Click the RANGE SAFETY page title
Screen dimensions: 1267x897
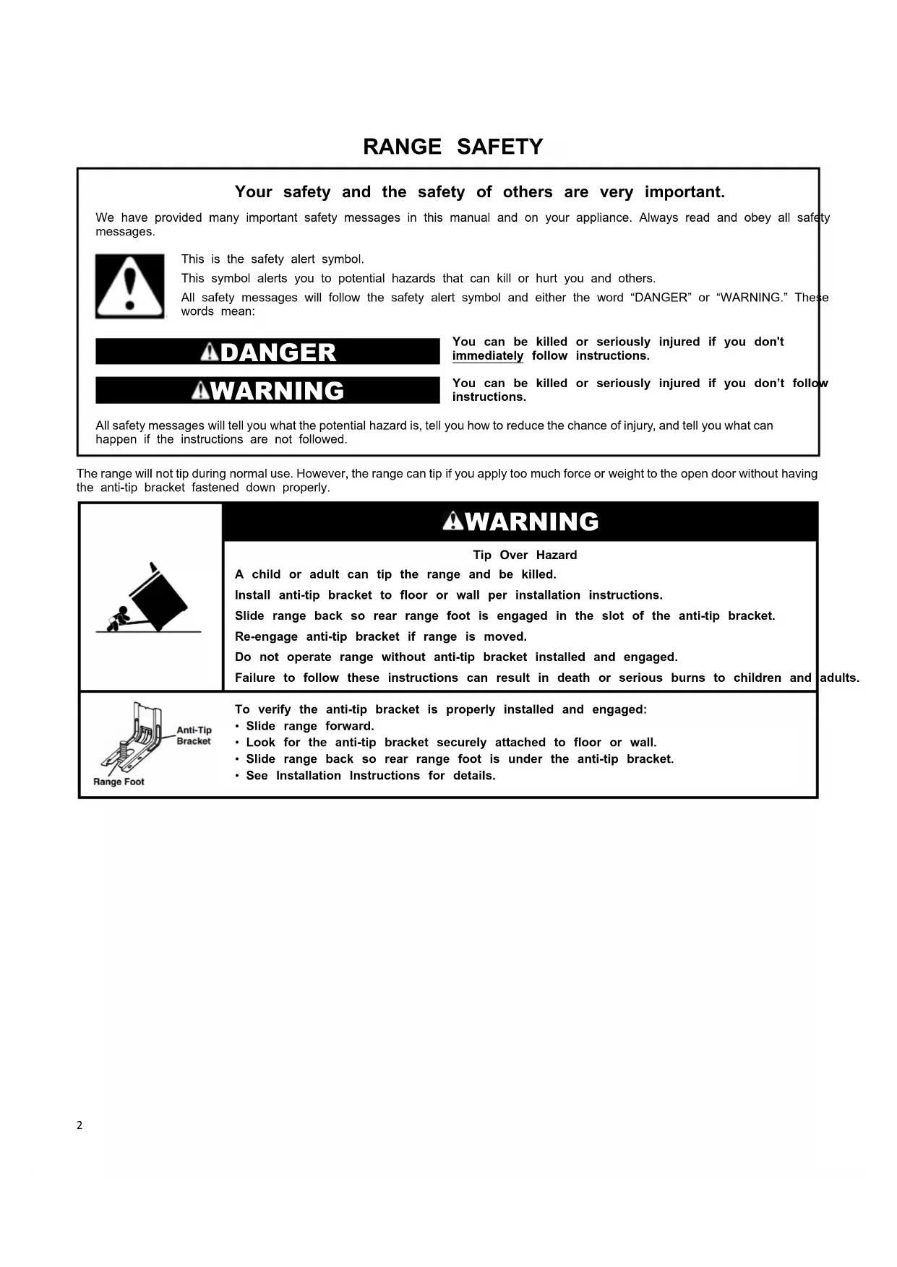click(x=452, y=147)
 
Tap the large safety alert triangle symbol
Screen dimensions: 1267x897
click(x=130, y=286)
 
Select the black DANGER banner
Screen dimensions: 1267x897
click(x=267, y=352)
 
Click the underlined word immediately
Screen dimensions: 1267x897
click(x=488, y=356)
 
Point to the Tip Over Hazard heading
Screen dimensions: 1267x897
click(x=525, y=555)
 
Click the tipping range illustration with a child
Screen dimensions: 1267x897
click(x=151, y=598)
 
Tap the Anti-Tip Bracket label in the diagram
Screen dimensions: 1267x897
click(x=194, y=735)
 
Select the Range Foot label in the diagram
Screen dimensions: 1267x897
click(x=119, y=782)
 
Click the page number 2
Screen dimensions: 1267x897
click(x=80, y=1125)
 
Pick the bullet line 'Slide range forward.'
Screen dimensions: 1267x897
click(x=309, y=726)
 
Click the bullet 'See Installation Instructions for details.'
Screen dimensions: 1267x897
click(x=370, y=776)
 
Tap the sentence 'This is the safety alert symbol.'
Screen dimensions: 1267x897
click(x=272, y=259)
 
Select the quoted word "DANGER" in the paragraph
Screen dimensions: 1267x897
click(x=661, y=298)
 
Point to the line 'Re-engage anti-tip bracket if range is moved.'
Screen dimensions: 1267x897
click(x=381, y=636)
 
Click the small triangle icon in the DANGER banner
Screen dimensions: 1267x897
click(x=210, y=352)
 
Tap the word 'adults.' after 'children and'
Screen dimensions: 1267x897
click(x=840, y=678)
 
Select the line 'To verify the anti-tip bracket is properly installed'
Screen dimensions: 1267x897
click(x=441, y=709)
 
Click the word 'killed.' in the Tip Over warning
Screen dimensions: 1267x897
click(x=538, y=574)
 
